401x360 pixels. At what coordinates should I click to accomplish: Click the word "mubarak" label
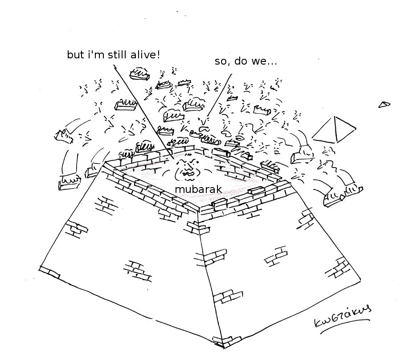(198, 189)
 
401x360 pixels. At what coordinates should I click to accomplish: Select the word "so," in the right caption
(222, 62)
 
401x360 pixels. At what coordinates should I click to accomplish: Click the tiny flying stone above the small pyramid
(384, 104)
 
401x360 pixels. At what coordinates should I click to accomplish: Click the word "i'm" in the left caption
(94, 55)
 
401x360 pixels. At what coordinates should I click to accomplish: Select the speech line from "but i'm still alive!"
(143, 111)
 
